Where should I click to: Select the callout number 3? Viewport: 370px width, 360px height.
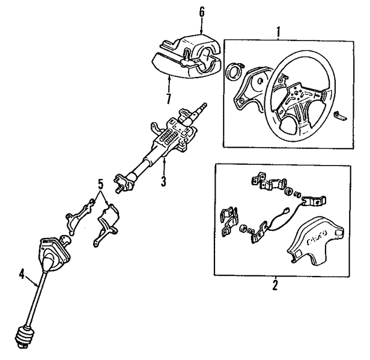point(164,181)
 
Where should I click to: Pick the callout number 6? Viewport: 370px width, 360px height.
point(201,12)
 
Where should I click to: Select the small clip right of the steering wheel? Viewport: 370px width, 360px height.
point(339,116)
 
